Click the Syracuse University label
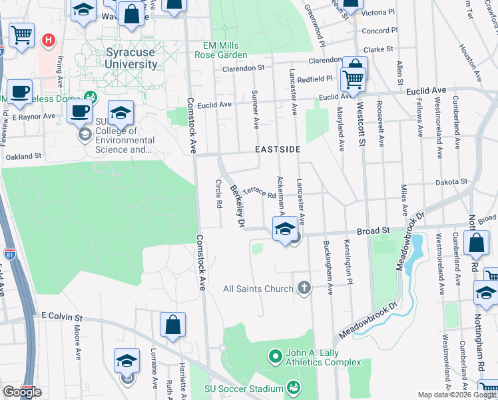coord(132,58)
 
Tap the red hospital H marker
coord(48,41)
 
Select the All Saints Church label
coord(258,289)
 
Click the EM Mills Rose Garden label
coord(225,50)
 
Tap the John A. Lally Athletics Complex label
coord(322,357)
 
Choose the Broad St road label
coord(373,231)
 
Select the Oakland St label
coord(23,156)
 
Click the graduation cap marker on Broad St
coord(285,229)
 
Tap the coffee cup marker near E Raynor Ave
coord(79,111)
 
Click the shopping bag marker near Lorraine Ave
coord(172,325)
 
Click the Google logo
coord(22,392)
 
